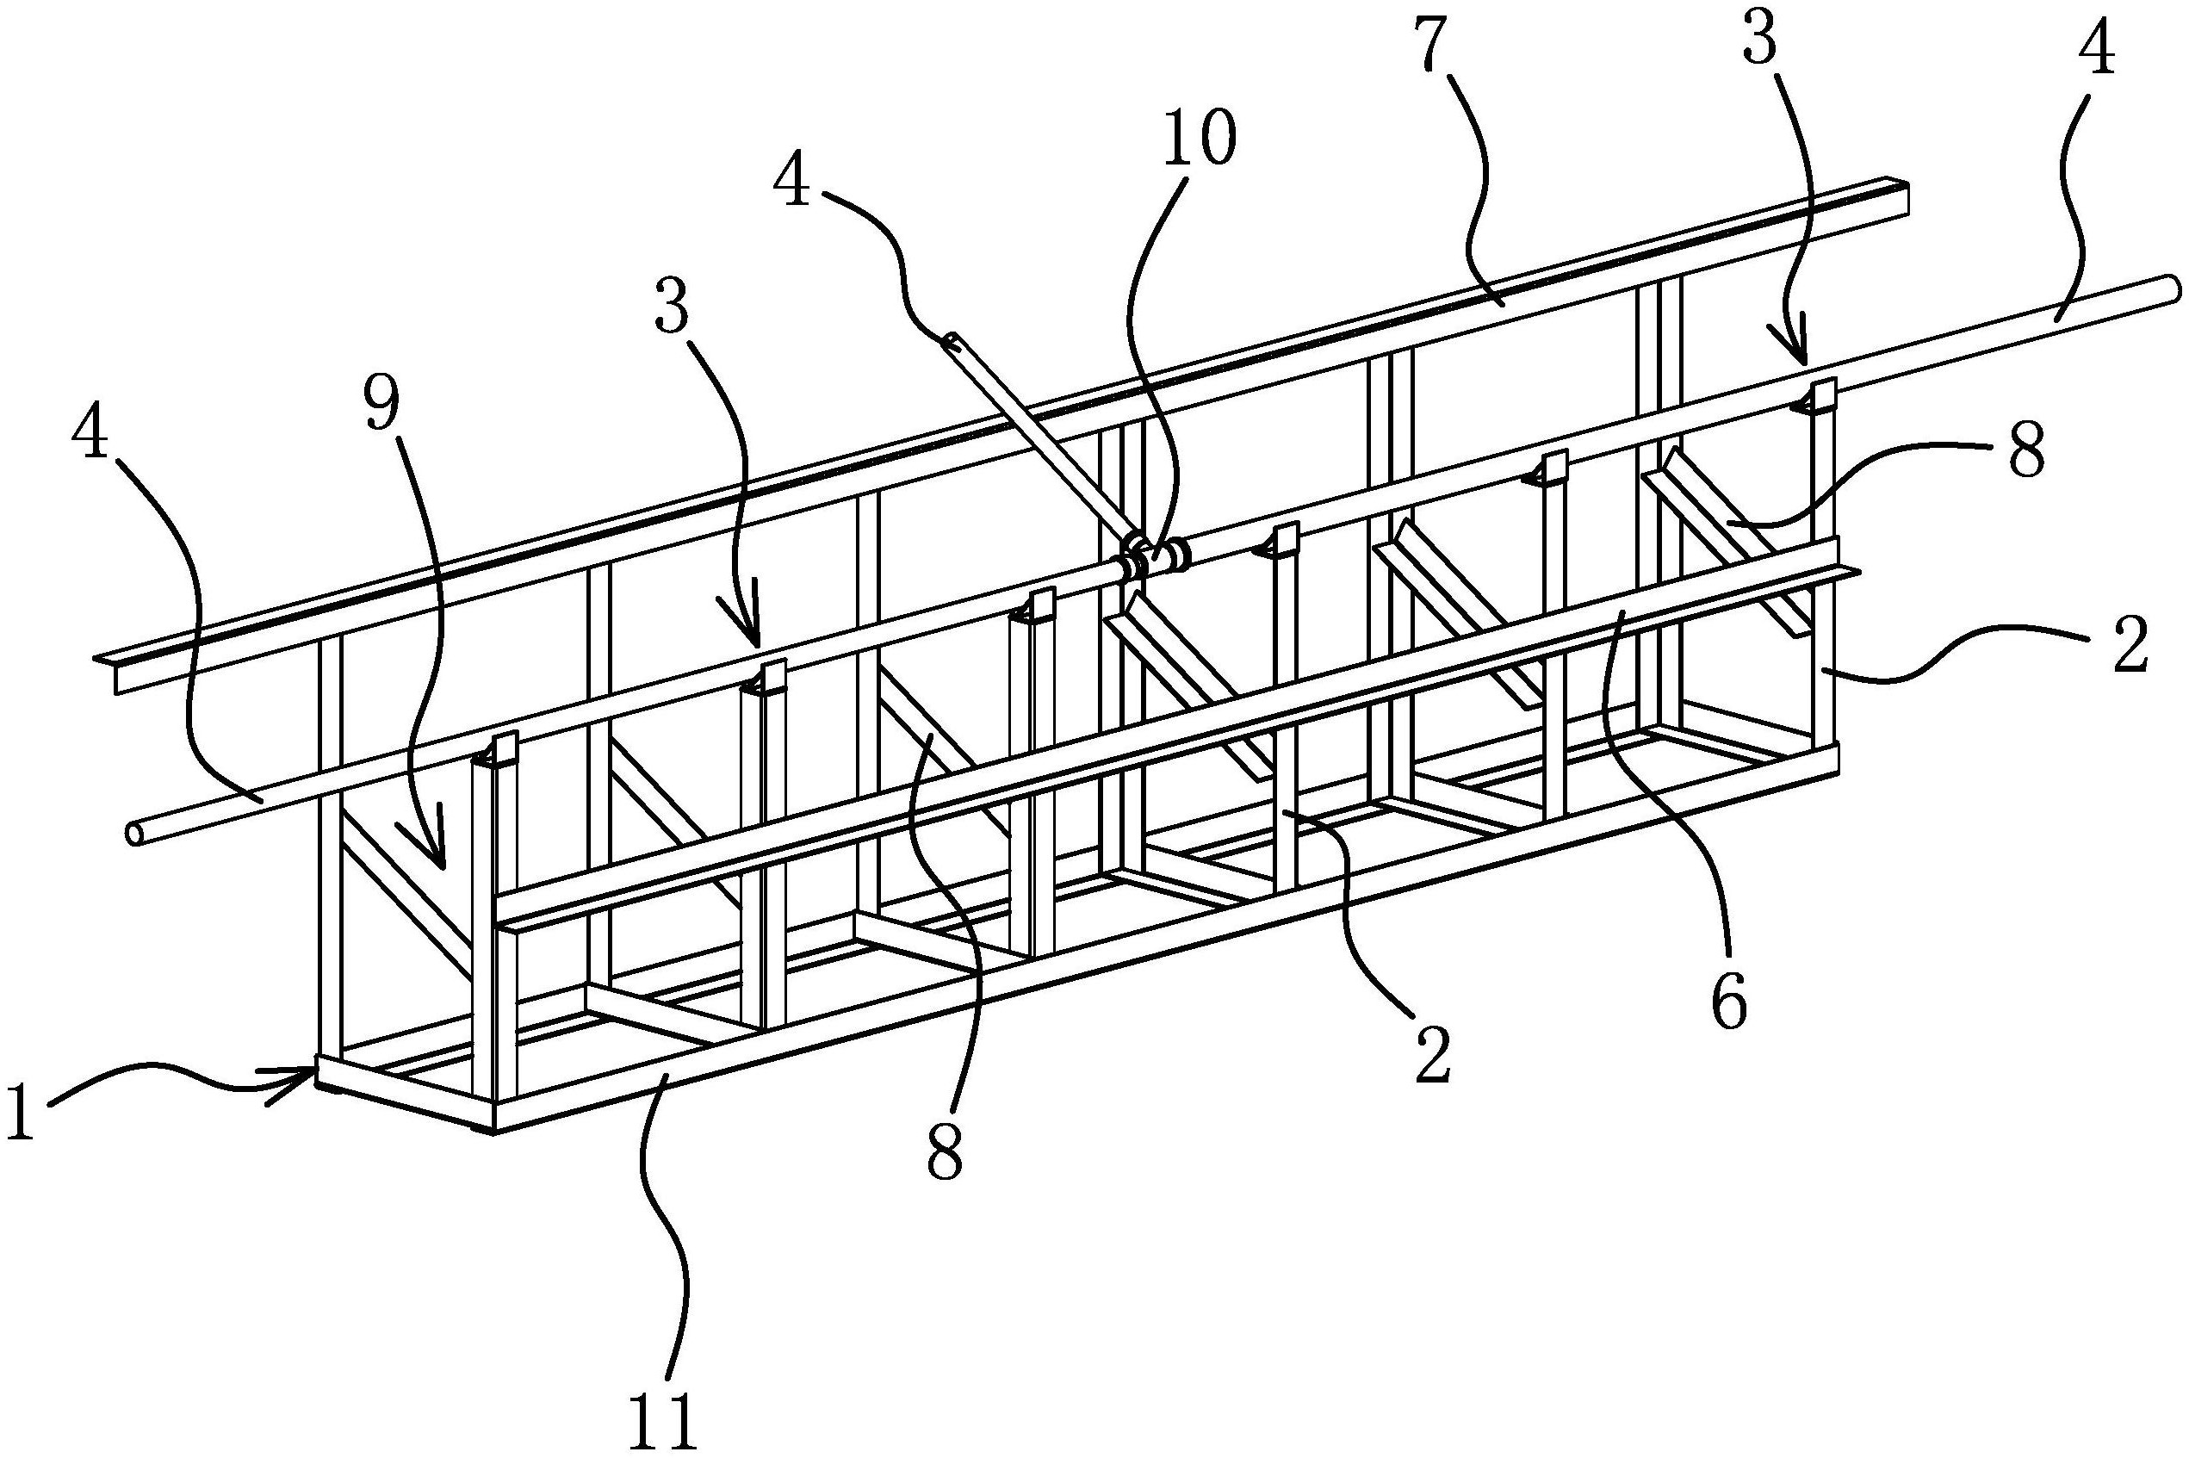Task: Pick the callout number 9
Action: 381,406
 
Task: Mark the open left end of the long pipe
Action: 135,833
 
